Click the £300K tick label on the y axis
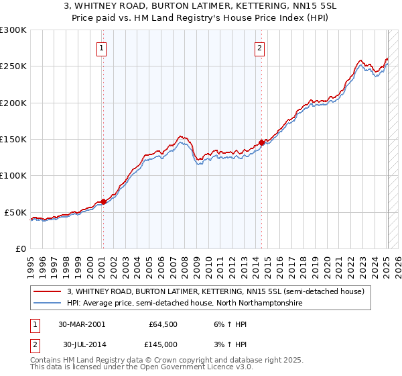coord(13,30)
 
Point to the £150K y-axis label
coord(13,140)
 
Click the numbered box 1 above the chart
coord(101,48)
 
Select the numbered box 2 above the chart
coord(259,48)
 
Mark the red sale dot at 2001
coord(103,201)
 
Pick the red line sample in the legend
coord(48,292)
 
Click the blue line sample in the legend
coord(48,303)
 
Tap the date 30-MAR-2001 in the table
coord(81,324)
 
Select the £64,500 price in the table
coord(163,324)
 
